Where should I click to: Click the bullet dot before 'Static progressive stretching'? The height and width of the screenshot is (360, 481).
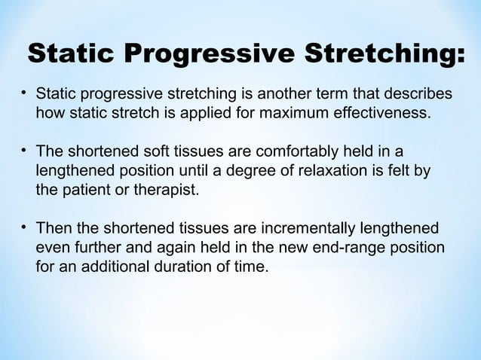(24, 94)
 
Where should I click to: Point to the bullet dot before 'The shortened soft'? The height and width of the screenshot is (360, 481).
(24, 149)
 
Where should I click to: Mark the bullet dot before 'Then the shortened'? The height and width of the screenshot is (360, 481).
(24, 226)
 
